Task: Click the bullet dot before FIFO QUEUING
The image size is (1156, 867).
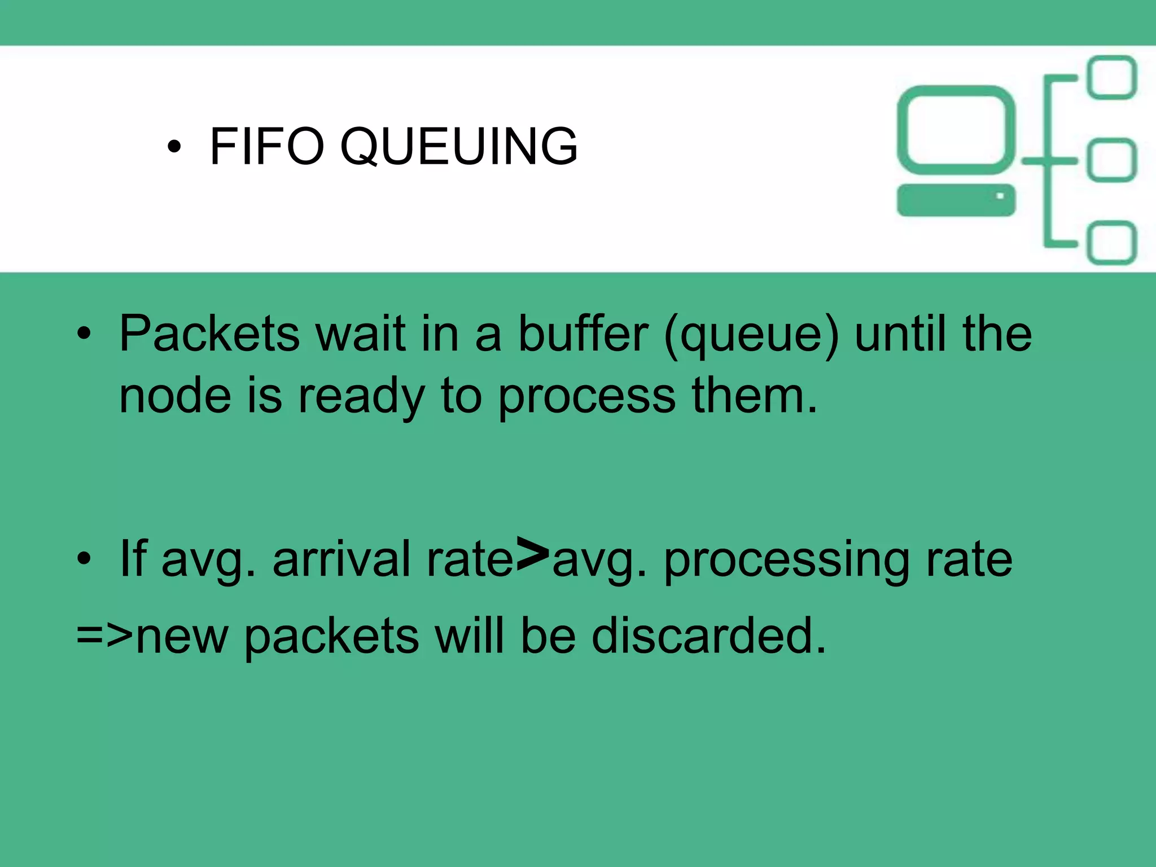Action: click(174, 147)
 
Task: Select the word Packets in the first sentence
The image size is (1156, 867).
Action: click(209, 334)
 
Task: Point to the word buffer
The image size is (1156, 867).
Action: click(583, 334)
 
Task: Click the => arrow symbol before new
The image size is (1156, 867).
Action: click(104, 636)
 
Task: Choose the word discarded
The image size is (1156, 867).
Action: click(708, 637)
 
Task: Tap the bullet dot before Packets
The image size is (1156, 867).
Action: click(84, 334)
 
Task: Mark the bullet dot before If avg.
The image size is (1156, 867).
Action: click(84, 559)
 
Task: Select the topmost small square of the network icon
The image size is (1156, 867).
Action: click(1111, 77)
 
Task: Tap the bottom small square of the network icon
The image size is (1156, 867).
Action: click(1111, 243)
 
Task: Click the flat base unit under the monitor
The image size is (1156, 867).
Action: click(956, 200)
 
